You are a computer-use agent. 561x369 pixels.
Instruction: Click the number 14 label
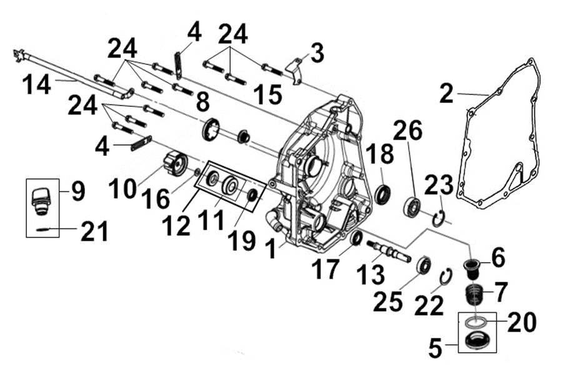click(x=36, y=86)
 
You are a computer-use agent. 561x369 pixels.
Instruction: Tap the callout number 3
click(x=317, y=52)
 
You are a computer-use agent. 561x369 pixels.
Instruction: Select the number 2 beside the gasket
click(x=447, y=94)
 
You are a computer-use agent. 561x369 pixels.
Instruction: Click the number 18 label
click(x=380, y=154)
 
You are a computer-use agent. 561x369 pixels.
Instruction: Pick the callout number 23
click(x=439, y=185)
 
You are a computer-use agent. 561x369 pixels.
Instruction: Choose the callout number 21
click(x=94, y=231)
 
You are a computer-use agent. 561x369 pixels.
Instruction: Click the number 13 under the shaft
click(x=370, y=275)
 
